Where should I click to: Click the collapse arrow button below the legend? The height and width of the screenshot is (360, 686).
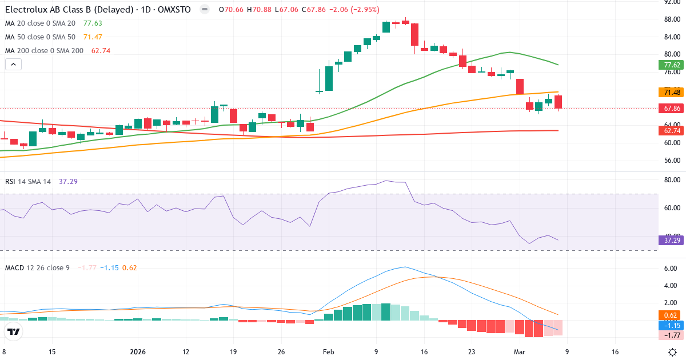13,65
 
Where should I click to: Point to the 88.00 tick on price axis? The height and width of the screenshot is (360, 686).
671,19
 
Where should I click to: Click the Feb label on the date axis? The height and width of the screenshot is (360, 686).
328,353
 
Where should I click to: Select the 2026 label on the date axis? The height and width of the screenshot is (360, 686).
138,353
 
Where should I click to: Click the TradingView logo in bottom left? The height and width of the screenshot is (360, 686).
14,331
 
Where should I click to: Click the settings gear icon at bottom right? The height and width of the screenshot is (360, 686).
673,353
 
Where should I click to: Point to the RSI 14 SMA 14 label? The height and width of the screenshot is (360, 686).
28,181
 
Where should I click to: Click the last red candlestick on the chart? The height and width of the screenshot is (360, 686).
558,102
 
